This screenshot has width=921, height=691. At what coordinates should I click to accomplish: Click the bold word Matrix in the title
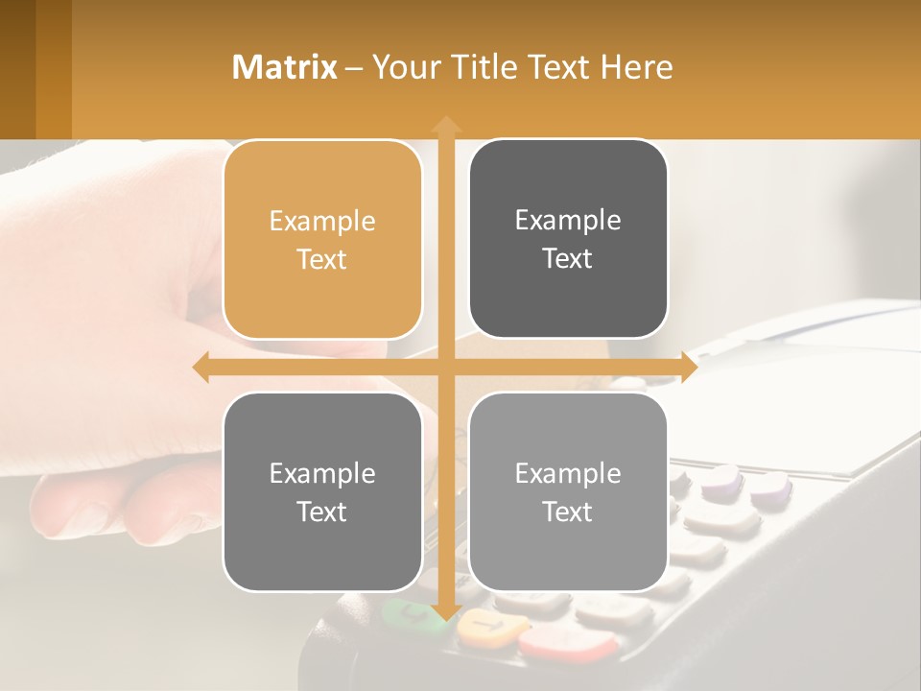[x=284, y=67]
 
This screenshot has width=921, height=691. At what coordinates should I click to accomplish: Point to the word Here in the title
[x=636, y=67]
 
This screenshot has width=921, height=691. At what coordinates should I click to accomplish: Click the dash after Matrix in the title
[x=354, y=68]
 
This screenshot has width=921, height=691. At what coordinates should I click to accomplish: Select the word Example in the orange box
[x=322, y=221]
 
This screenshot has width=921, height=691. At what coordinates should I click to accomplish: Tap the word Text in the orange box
[x=322, y=259]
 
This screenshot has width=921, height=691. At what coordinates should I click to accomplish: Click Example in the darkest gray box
[x=568, y=220]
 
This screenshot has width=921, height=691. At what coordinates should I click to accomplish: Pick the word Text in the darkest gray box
[x=568, y=258]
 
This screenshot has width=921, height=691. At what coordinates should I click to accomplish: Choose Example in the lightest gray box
[x=568, y=473]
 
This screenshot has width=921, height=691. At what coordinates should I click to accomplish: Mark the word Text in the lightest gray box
[x=568, y=512]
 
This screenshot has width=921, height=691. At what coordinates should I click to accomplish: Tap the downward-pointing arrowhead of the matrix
[x=446, y=611]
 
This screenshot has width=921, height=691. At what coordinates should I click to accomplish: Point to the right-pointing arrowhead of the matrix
[x=689, y=368]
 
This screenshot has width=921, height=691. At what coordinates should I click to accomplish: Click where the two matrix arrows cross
[x=446, y=368]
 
